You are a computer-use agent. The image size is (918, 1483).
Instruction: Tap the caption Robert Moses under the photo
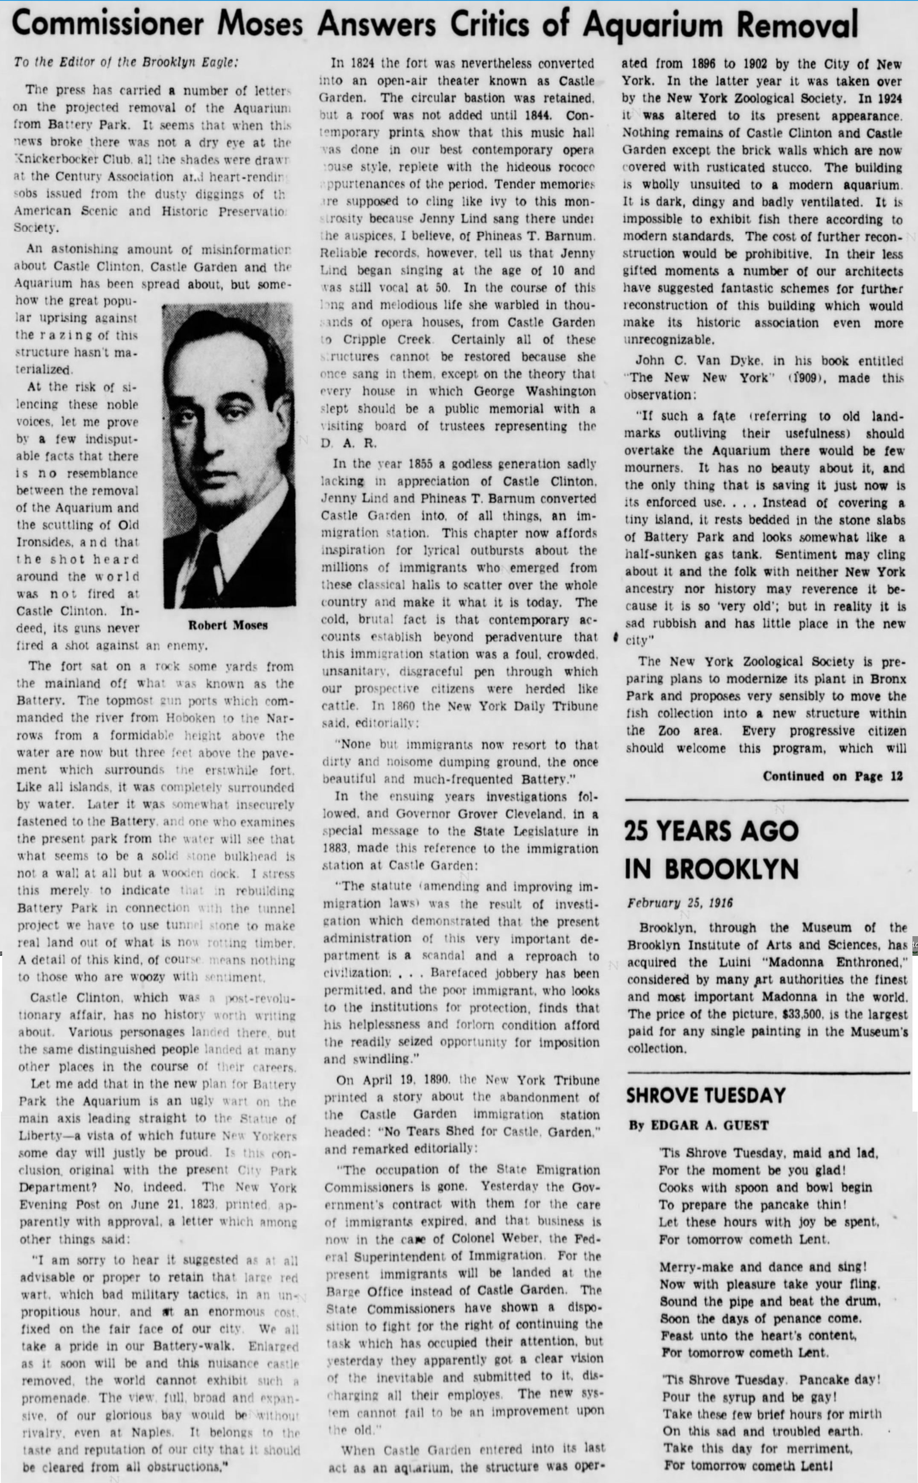[x=227, y=625]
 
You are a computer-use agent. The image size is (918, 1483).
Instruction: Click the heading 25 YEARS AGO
[x=711, y=831]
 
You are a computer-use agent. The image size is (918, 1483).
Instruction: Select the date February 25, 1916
[x=680, y=902]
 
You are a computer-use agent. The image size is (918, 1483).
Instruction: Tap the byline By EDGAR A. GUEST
[x=698, y=1125]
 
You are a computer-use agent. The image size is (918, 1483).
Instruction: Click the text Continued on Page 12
[x=832, y=776]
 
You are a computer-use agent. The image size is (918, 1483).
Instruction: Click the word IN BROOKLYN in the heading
[x=711, y=868]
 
